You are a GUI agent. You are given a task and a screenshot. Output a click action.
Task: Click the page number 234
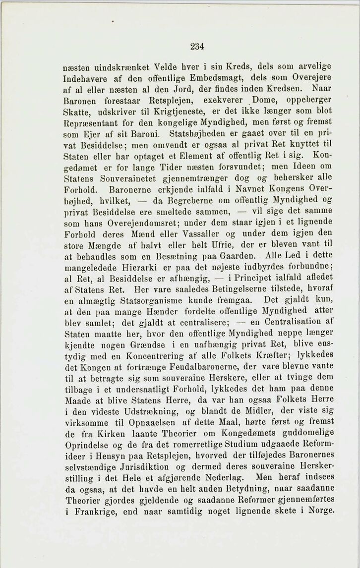pos(197,47)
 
